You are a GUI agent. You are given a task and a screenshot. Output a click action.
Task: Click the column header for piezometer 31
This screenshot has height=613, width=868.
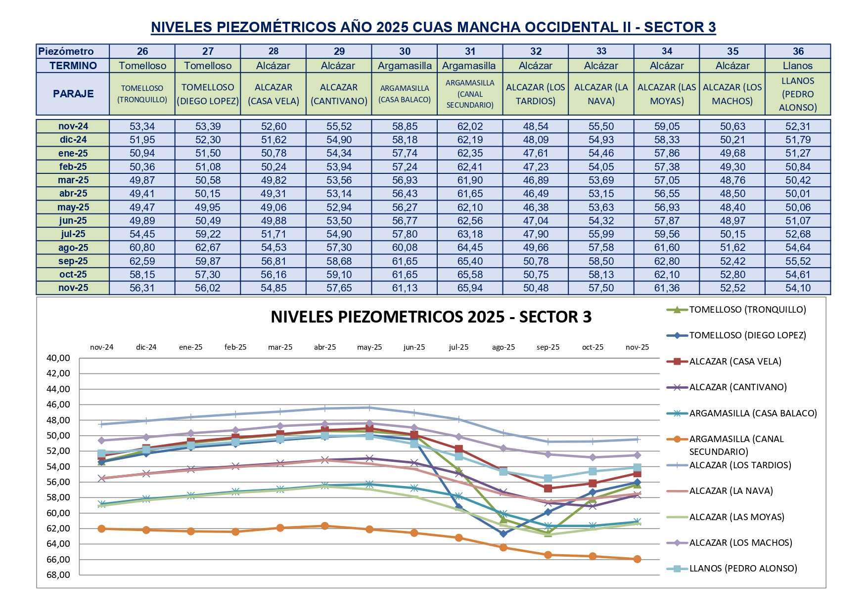click(470, 51)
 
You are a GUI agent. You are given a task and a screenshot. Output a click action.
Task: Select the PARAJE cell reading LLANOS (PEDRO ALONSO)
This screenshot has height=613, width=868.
click(797, 94)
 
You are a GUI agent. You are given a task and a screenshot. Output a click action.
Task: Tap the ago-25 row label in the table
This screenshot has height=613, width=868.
click(73, 247)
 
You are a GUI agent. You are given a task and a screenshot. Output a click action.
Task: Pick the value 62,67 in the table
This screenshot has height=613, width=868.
click(208, 247)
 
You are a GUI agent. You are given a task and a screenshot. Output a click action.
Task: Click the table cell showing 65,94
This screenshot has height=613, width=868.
click(470, 288)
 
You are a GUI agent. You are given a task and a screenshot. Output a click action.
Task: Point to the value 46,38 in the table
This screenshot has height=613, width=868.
click(536, 207)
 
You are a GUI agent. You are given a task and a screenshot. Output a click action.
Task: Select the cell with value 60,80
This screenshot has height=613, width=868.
click(142, 247)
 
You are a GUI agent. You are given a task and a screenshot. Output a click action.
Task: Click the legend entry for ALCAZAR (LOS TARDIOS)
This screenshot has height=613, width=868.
click(740, 465)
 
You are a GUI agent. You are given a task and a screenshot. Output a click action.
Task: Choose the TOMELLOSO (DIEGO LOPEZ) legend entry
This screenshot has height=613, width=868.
click(747, 335)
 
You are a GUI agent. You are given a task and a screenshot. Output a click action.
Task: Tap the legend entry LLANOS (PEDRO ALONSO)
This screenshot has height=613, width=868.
click(743, 569)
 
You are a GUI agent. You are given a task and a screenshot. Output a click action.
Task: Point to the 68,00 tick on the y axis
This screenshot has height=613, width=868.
click(58, 575)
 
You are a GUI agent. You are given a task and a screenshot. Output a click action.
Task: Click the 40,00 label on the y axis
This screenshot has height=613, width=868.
click(58, 358)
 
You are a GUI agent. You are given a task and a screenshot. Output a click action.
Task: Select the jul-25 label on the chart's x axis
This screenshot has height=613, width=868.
click(458, 347)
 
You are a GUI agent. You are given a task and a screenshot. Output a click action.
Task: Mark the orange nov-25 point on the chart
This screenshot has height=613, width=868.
click(637, 559)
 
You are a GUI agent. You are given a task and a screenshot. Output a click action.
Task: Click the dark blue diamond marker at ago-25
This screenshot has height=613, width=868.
click(503, 533)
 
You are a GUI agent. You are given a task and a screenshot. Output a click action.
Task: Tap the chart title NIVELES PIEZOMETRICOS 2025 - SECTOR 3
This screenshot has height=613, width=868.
click(431, 317)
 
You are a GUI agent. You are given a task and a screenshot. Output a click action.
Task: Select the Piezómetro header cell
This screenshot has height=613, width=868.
click(66, 51)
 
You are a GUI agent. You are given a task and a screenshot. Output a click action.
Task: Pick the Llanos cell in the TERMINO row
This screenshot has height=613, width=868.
click(797, 66)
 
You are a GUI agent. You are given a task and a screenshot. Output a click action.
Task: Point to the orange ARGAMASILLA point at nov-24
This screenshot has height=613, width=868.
click(102, 529)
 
